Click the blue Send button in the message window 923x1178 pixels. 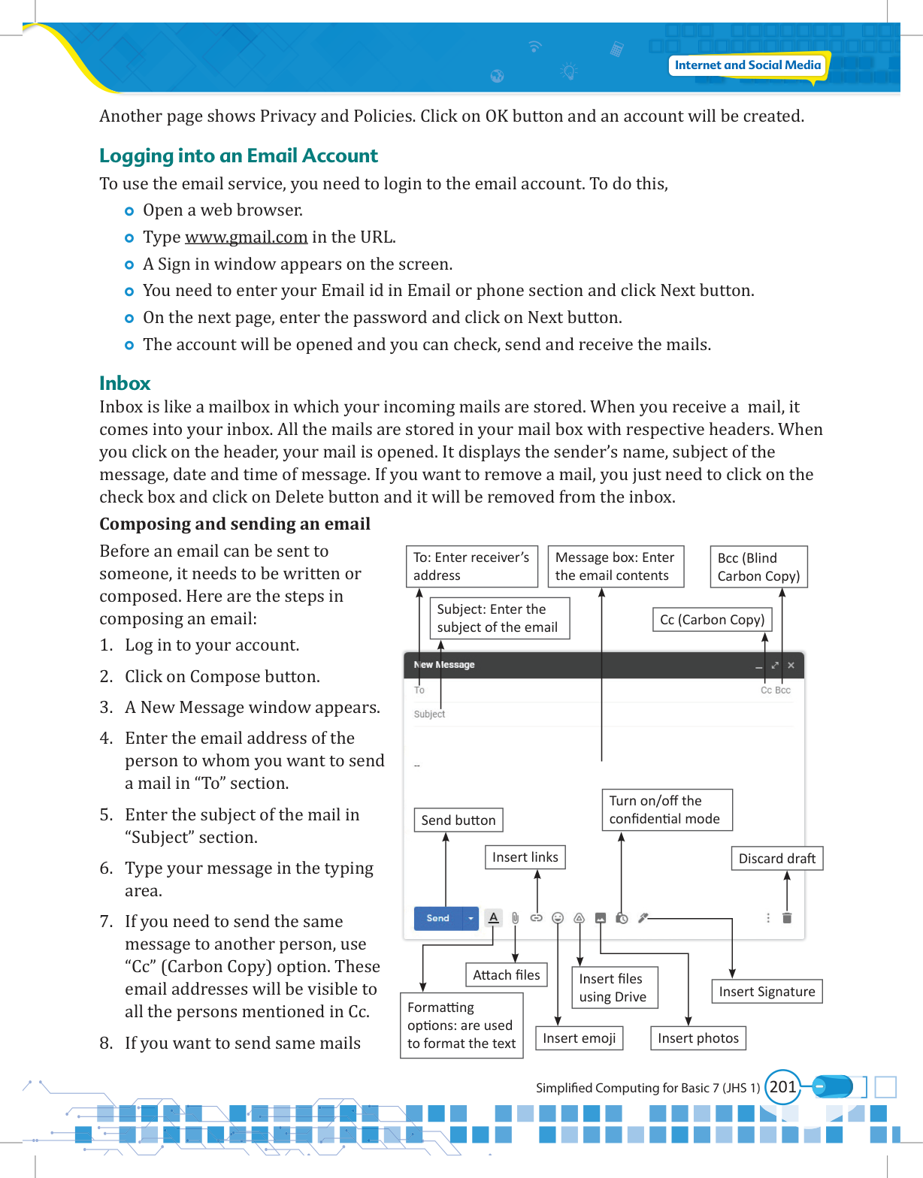click(x=437, y=918)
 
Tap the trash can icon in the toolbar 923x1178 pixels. click(x=787, y=918)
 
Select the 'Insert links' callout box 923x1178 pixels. click(x=525, y=857)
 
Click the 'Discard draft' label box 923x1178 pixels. click(x=777, y=859)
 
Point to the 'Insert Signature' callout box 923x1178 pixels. click(x=767, y=992)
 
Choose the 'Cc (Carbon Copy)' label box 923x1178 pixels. click(x=712, y=620)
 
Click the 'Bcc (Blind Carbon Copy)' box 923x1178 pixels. click(x=758, y=567)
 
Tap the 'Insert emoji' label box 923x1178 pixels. click(x=579, y=1038)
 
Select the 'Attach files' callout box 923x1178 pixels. click(x=507, y=975)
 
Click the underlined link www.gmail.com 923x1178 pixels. click(x=246, y=237)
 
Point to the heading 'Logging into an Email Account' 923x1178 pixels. click(x=238, y=156)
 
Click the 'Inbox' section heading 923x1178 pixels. click(x=125, y=383)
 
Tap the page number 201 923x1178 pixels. click(x=782, y=1087)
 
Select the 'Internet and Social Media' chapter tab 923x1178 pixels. click(x=747, y=65)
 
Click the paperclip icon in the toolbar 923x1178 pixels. click(x=515, y=918)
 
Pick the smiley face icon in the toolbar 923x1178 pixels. click(x=558, y=918)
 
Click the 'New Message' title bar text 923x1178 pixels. click(x=444, y=665)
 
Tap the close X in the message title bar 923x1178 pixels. click(x=791, y=666)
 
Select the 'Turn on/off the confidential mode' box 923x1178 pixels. click(x=667, y=810)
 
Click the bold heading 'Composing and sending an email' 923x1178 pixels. click(x=235, y=524)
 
